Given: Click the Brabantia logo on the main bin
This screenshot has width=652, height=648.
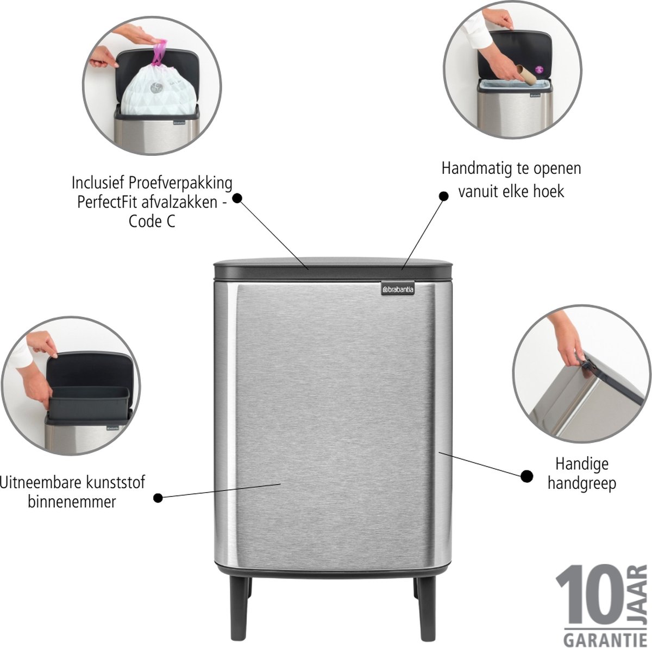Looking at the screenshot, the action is (398, 290).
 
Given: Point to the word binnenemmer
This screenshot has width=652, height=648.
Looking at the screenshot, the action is (72, 502).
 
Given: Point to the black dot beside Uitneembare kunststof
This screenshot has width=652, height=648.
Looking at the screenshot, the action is (158, 498).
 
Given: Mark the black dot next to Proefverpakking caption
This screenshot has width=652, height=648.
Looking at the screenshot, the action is (237, 198).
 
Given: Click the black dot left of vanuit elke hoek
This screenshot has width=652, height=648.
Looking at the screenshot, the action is (443, 196).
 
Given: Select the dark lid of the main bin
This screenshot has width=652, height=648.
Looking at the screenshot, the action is (333, 268).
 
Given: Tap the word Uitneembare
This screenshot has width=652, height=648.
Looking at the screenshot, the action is (39, 482).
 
